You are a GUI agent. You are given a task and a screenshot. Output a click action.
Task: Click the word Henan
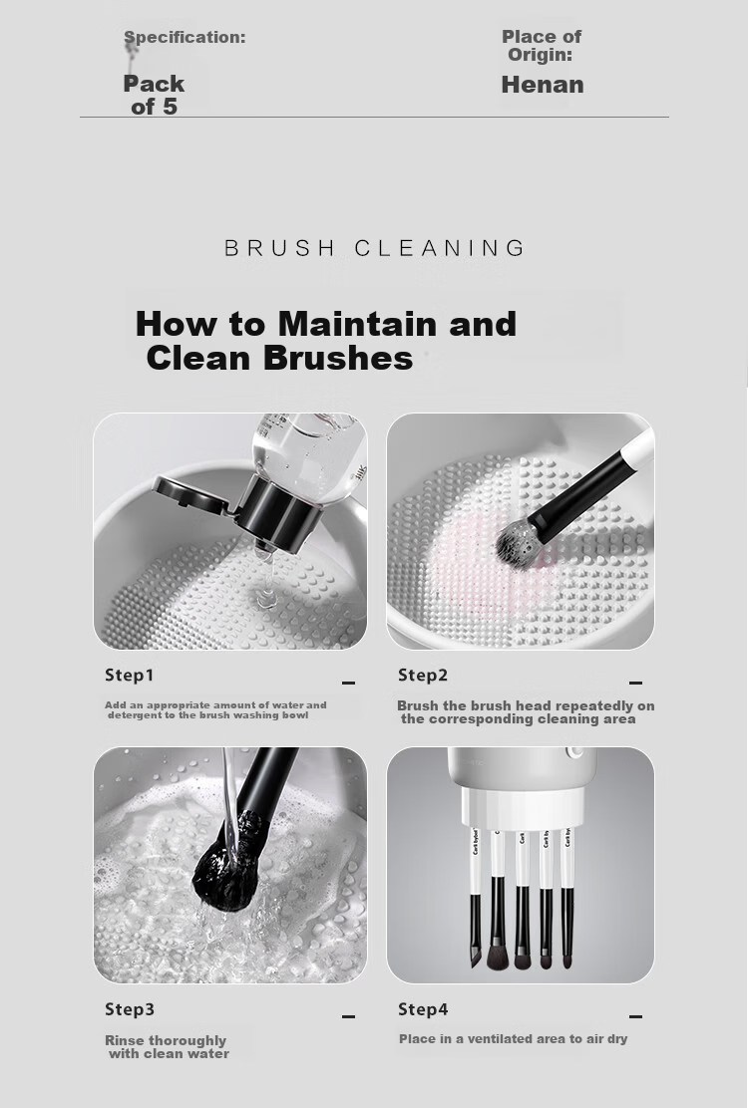click(x=543, y=85)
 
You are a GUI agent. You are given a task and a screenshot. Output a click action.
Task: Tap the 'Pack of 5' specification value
click(x=154, y=95)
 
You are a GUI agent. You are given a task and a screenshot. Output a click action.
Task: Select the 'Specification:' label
click(x=185, y=38)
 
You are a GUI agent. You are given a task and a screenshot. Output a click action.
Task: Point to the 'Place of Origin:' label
click(x=542, y=45)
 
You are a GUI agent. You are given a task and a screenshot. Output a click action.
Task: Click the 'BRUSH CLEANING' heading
click(x=375, y=248)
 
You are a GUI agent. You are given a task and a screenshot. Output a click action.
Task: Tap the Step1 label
click(x=130, y=675)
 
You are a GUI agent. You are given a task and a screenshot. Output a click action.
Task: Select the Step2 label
click(x=423, y=675)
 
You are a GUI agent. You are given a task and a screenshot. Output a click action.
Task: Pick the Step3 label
click(x=130, y=1009)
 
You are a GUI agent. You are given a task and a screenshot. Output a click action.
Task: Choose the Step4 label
click(x=423, y=1009)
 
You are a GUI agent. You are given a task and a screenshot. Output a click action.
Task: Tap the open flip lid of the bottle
click(x=189, y=494)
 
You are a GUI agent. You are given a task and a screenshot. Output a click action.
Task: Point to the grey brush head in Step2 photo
click(x=519, y=543)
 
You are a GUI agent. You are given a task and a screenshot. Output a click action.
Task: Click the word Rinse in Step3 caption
click(x=125, y=1040)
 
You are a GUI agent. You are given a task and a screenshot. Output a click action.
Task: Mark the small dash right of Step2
click(x=635, y=683)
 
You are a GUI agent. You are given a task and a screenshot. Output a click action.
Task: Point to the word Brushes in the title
click(x=338, y=358)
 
